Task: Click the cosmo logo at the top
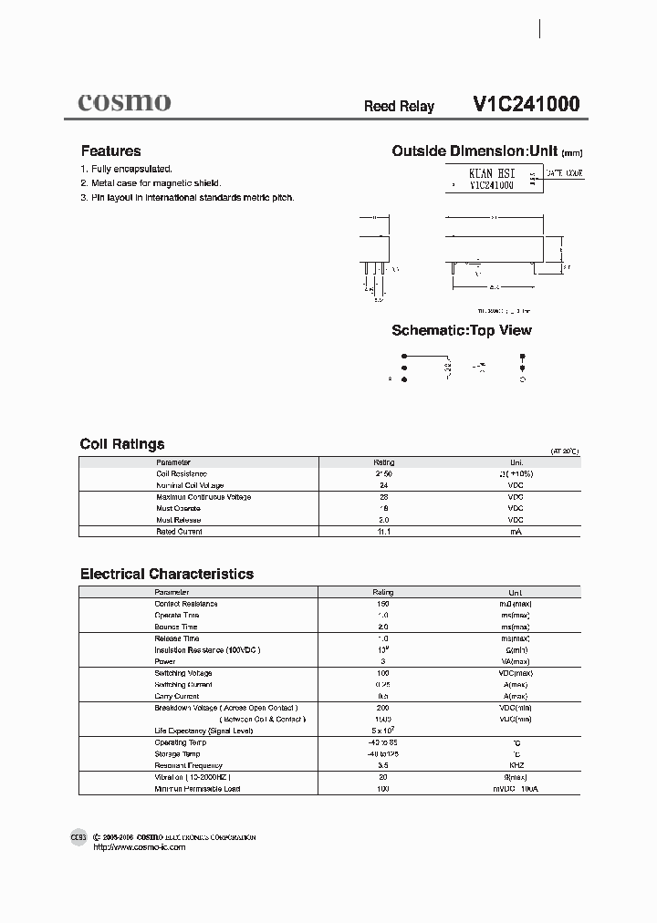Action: (x=124, y=102)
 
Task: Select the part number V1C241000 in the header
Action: (x=526, y=104)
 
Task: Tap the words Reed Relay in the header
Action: (x=399, y=107)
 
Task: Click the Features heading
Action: (x=110, y=151)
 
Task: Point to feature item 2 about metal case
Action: (x=151, y=183)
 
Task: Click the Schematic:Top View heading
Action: (x=461, y=330)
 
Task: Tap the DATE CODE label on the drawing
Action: (x=564, y=172)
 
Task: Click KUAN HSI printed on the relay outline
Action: (x=491, y=172)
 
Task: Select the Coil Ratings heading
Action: (x=122, y=444)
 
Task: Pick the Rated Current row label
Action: (x=179, y=531)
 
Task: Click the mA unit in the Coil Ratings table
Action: (x=516, y=531)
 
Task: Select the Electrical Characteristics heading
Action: (x=167, y=574)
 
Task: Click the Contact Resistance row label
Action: (x=186, y=604)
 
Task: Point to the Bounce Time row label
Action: (x=176, y=627)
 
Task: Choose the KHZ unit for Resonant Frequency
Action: (x=516, y=765)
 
